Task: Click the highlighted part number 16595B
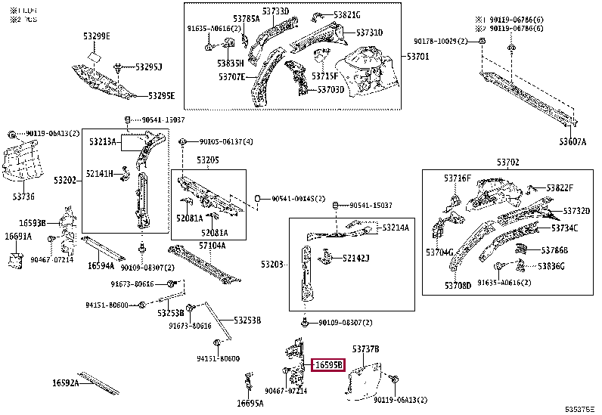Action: (x=329, y=365)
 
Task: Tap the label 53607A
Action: (x=573, y=141)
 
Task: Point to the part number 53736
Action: (x=23, y=196)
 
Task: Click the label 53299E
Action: (x=97, y=36)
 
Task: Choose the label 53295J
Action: (x=149, y=67)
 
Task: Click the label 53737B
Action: (x=366, y=348)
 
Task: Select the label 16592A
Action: (x=66, y=383)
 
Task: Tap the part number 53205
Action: (x=208, y=160)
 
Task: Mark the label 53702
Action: (x=508, y=162)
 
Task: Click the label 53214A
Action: (x=395, y=228)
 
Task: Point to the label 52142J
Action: (x=355, y=259)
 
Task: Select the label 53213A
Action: (x=102, y=141)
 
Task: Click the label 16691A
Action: (x=18, y=237)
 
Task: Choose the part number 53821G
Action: (x=348, y=15)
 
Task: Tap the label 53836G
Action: (x=552, y=266)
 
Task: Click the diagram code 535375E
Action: (x=579, y=408)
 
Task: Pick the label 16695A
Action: (x=250, y=403)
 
